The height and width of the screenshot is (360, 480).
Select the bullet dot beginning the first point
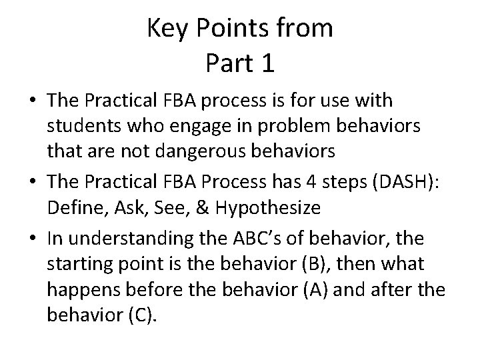tap(32, 101)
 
